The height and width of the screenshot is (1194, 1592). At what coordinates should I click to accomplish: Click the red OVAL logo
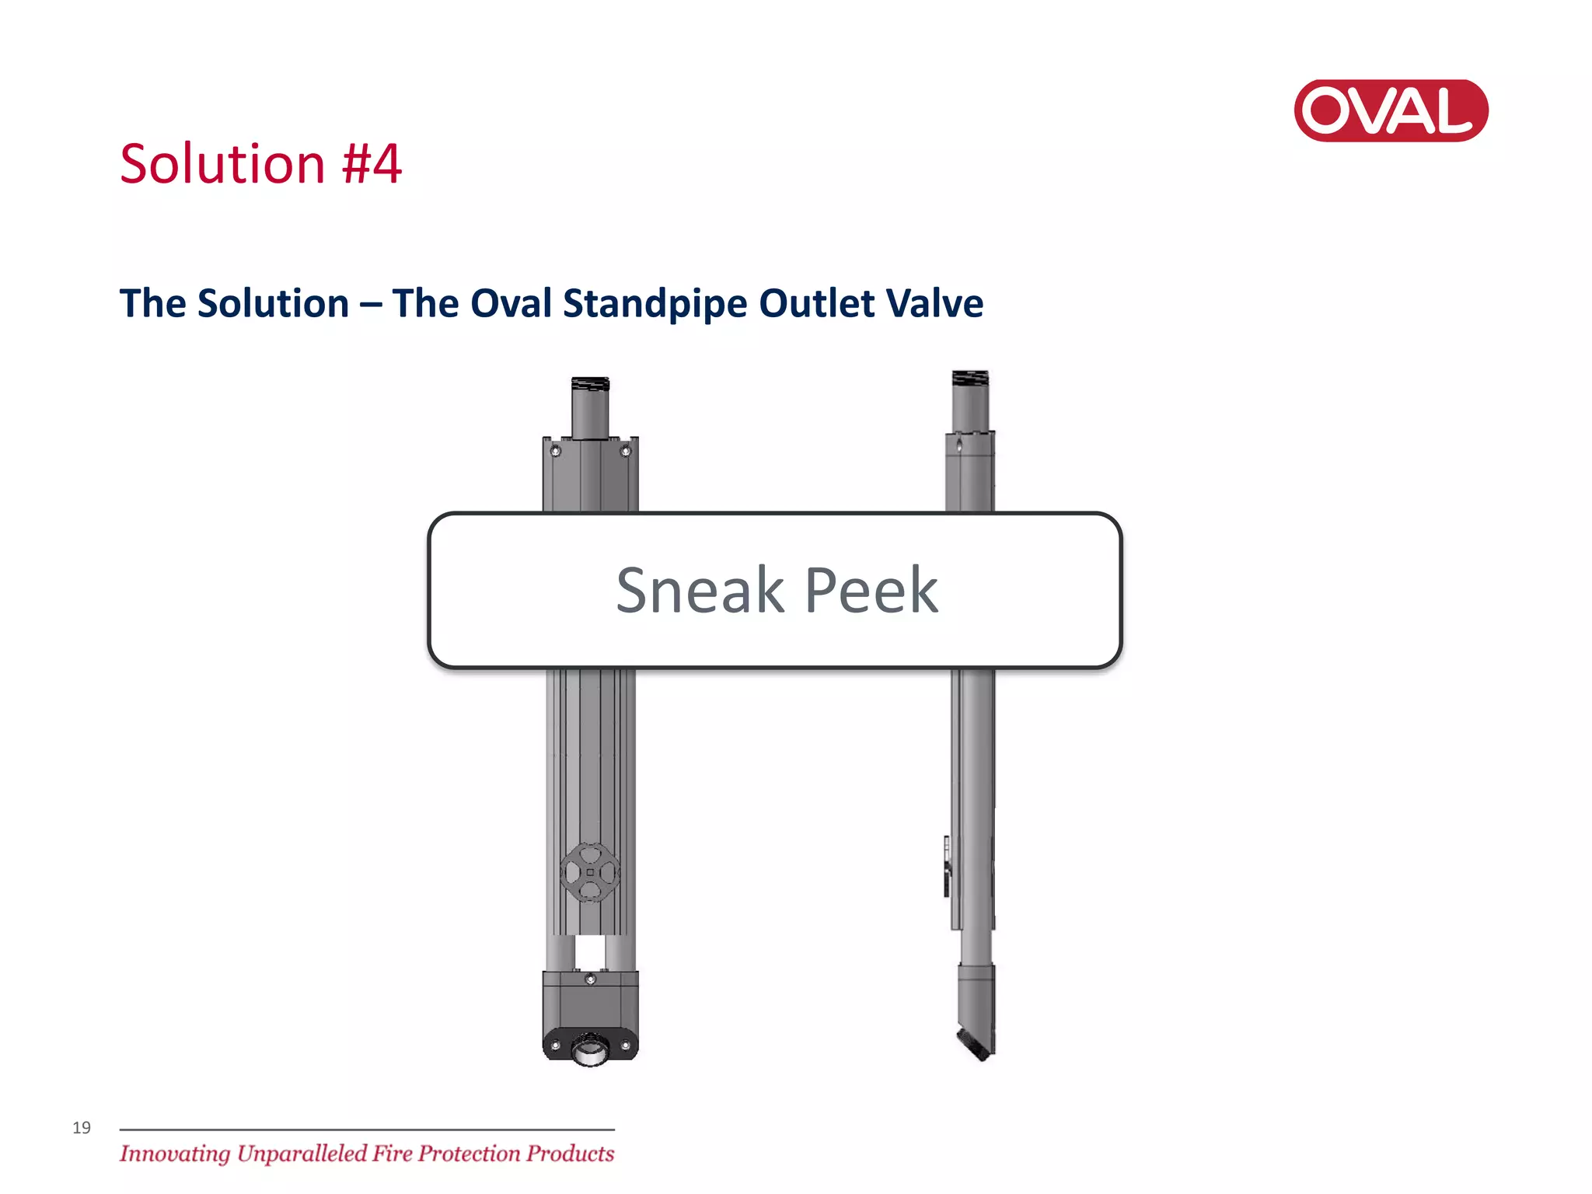point(1391,110)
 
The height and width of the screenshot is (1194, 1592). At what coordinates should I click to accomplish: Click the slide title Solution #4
point(260,164)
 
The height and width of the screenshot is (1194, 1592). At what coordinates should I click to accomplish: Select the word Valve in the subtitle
point(938,303)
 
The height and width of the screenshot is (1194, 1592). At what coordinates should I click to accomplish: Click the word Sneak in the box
point(700,591)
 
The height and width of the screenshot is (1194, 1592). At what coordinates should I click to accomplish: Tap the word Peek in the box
point(871,591)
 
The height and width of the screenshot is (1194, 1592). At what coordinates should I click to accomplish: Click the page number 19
point(82,1128)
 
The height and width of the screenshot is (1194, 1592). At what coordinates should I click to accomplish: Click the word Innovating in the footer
point(175,1154)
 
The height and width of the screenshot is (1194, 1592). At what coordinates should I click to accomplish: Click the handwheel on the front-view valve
point(590,872)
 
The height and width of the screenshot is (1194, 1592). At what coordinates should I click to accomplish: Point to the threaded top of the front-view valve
point(590,385)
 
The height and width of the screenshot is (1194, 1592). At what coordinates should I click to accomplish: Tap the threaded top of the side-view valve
point(970,379)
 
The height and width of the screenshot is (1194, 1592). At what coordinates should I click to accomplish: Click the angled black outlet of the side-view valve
point(973,1044)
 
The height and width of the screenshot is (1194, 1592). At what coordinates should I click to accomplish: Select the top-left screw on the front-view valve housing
point(555,451)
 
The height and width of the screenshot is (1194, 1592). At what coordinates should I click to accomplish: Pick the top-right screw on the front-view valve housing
point(625,451)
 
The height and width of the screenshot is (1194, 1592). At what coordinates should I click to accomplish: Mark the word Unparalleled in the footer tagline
point(324,1154)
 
